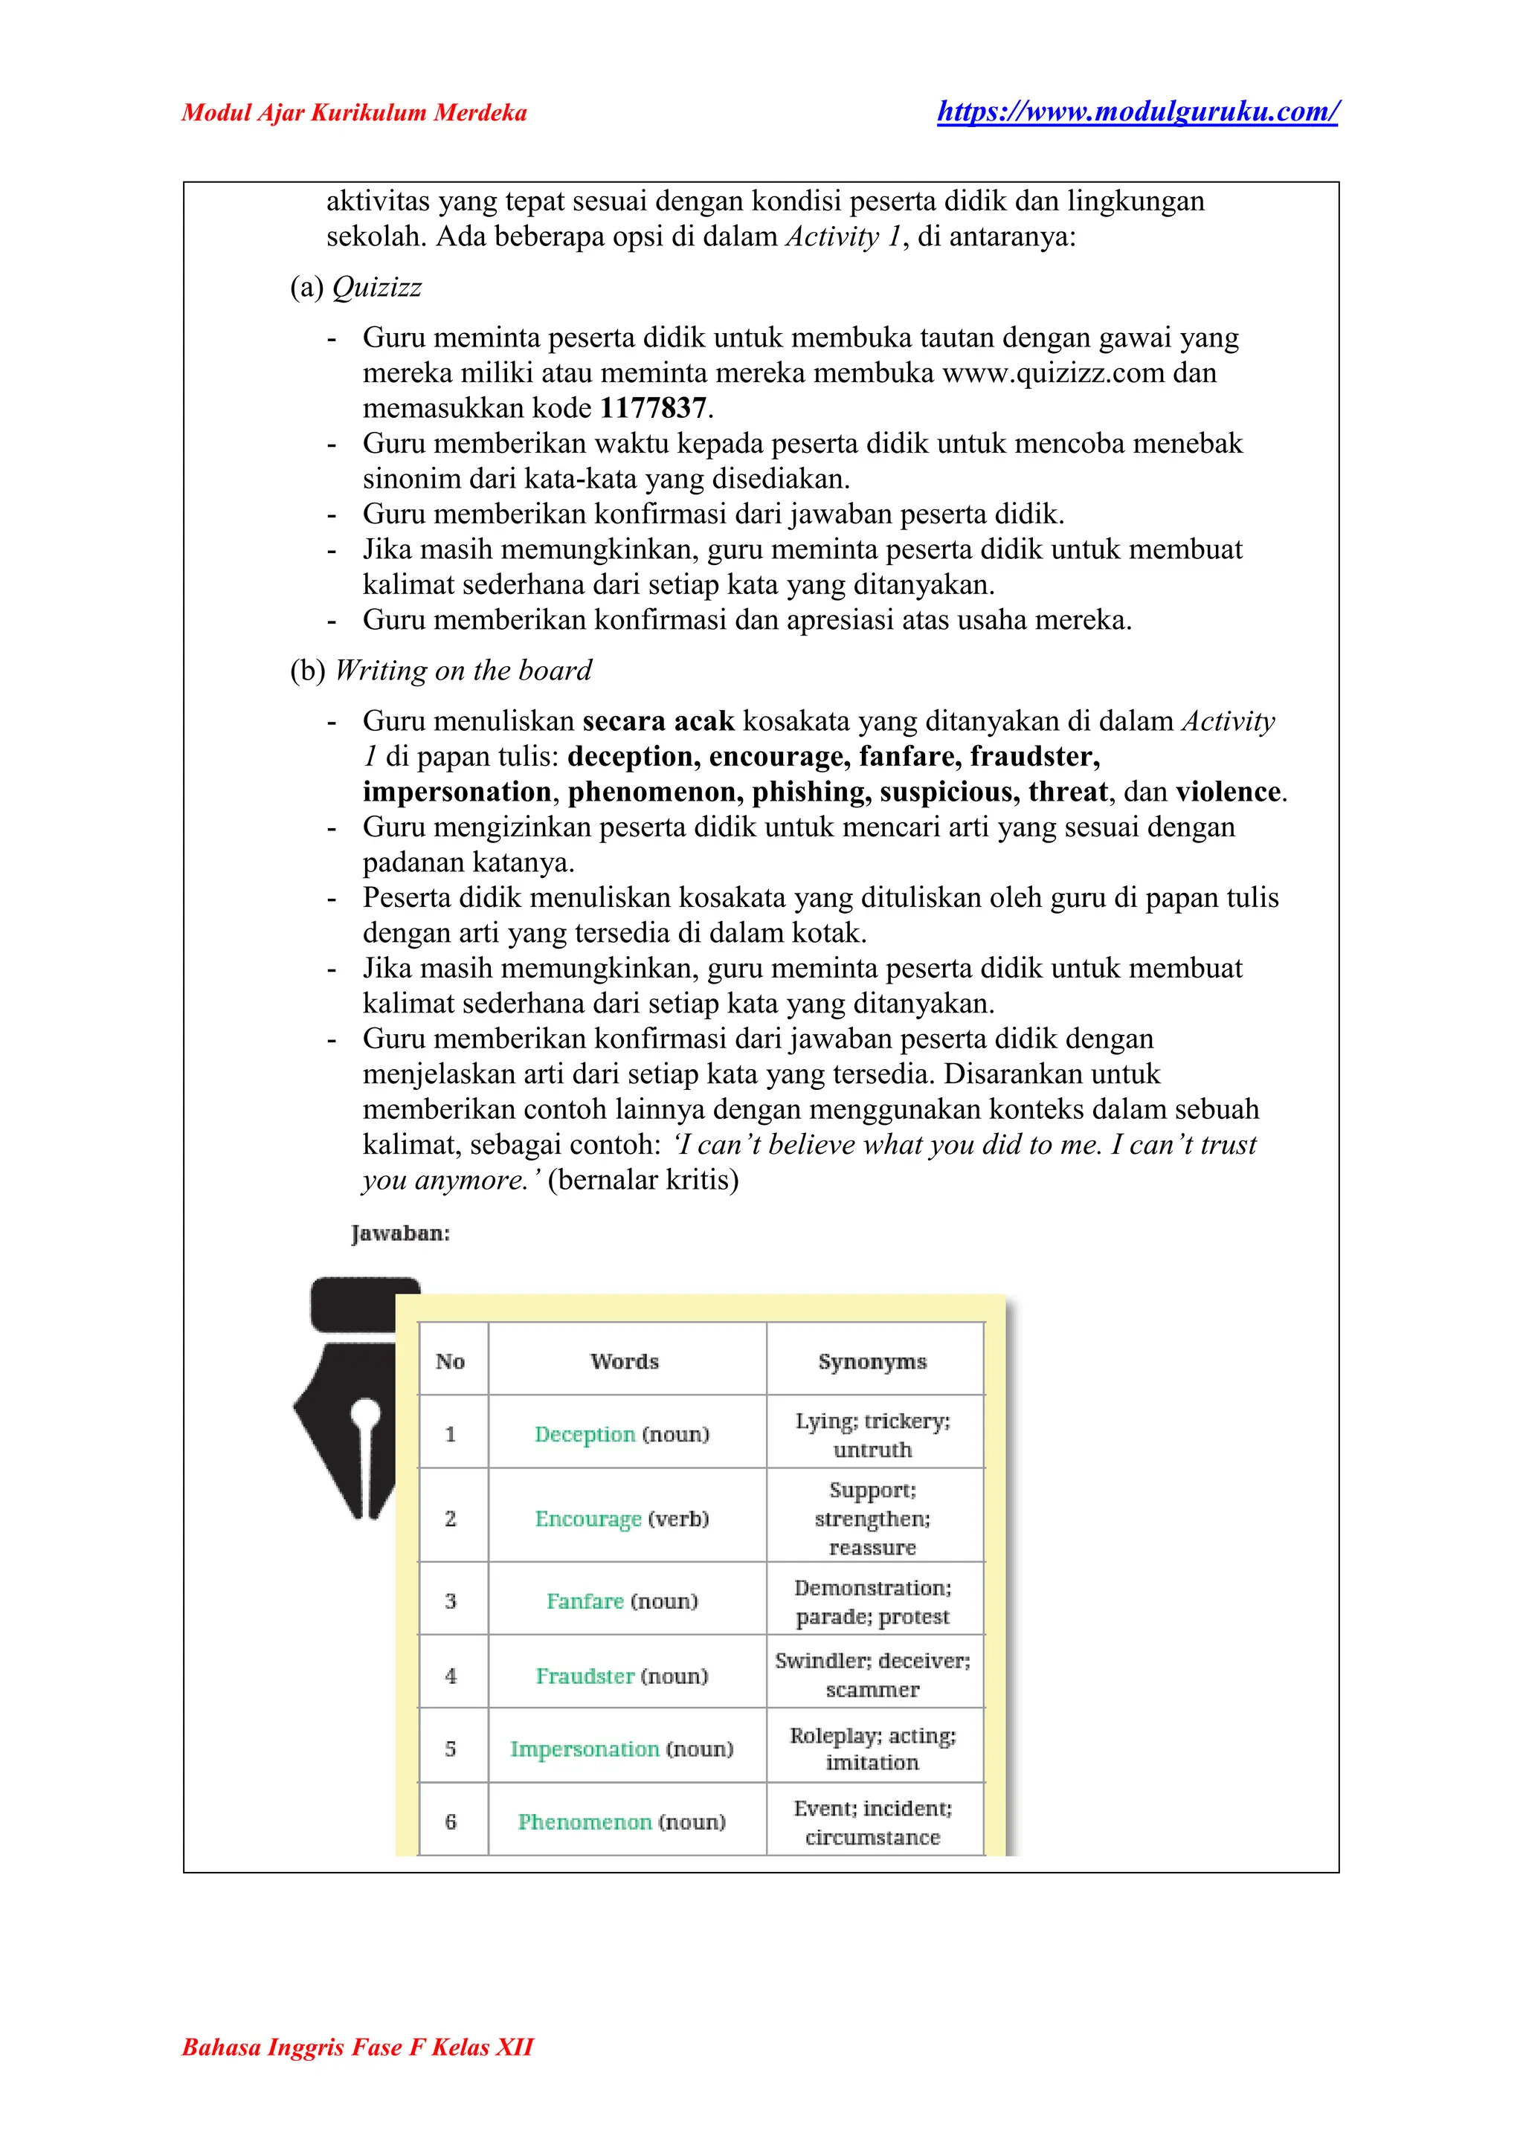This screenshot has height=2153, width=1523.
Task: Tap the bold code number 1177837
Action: click(653, 409)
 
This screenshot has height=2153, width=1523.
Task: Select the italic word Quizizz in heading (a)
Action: click(377, 287)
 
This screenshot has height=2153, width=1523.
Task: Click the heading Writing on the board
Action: click(463, 671)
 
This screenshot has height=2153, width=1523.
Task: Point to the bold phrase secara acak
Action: click(658, 721)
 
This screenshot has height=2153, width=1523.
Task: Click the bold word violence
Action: click(1229, 793)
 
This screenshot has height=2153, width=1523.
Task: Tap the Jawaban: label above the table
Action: click(400, 1234)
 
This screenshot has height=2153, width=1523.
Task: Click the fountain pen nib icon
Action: click(356, 1397)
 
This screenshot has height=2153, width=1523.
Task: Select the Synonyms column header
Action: click(872, 1361)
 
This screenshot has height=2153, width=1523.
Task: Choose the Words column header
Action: click(625, 1361)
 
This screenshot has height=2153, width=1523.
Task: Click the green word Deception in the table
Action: click(585, 1435)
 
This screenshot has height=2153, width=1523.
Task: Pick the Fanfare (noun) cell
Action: click(622, 1601)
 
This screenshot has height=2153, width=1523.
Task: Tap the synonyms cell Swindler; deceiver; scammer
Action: click(872, 1675)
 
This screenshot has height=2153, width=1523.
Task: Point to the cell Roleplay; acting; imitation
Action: click(872, 1749)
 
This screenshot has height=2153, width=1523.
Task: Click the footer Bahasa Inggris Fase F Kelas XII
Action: click(357, 2047)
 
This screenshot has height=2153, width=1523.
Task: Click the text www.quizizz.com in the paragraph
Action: click(1053, 373)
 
